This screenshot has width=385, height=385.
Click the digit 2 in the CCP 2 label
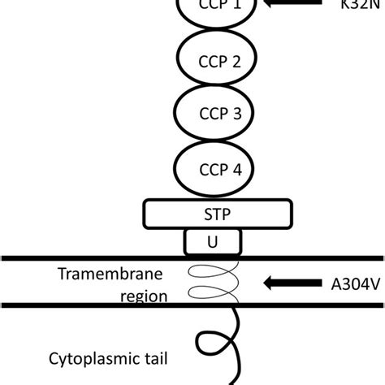tap(236, 62)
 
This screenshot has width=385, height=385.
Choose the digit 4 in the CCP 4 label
tap(236, 168)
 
